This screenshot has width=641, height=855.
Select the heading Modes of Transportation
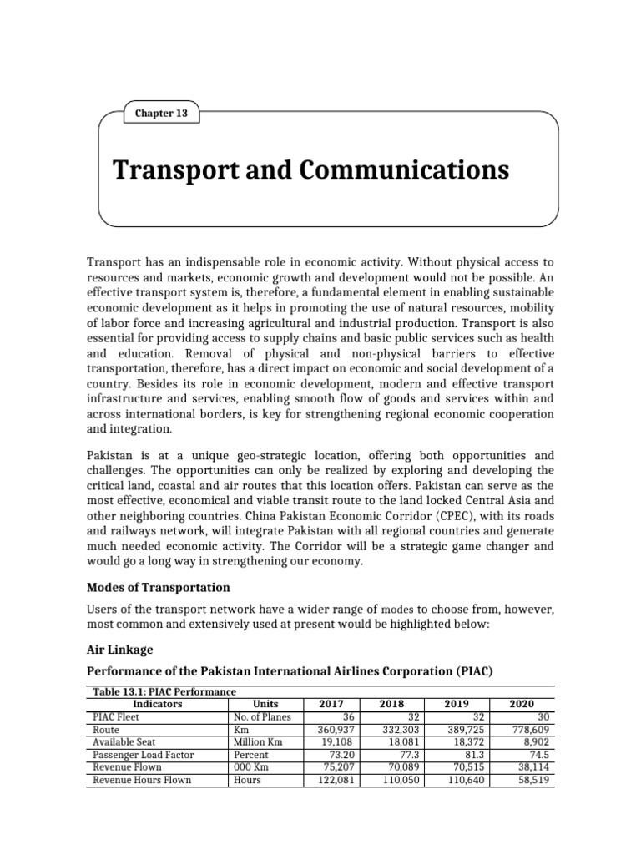point(158,586)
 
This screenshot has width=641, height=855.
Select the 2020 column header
point(522,704)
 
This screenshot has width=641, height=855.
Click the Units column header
point(265,704)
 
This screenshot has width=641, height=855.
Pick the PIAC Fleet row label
point(115,716)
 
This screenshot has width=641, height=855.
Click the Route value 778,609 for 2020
point(532,729)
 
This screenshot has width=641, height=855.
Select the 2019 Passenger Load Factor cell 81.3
point(472,754)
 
